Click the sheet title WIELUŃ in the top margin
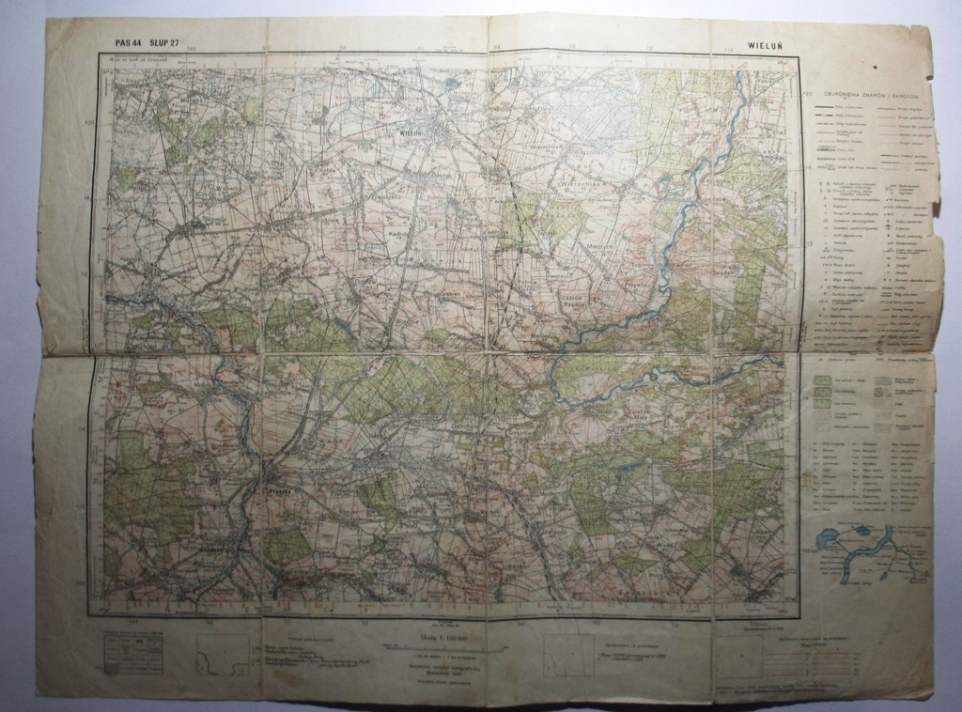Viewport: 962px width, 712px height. click(769, 43)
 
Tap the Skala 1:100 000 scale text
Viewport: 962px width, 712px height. click(427, 640)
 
